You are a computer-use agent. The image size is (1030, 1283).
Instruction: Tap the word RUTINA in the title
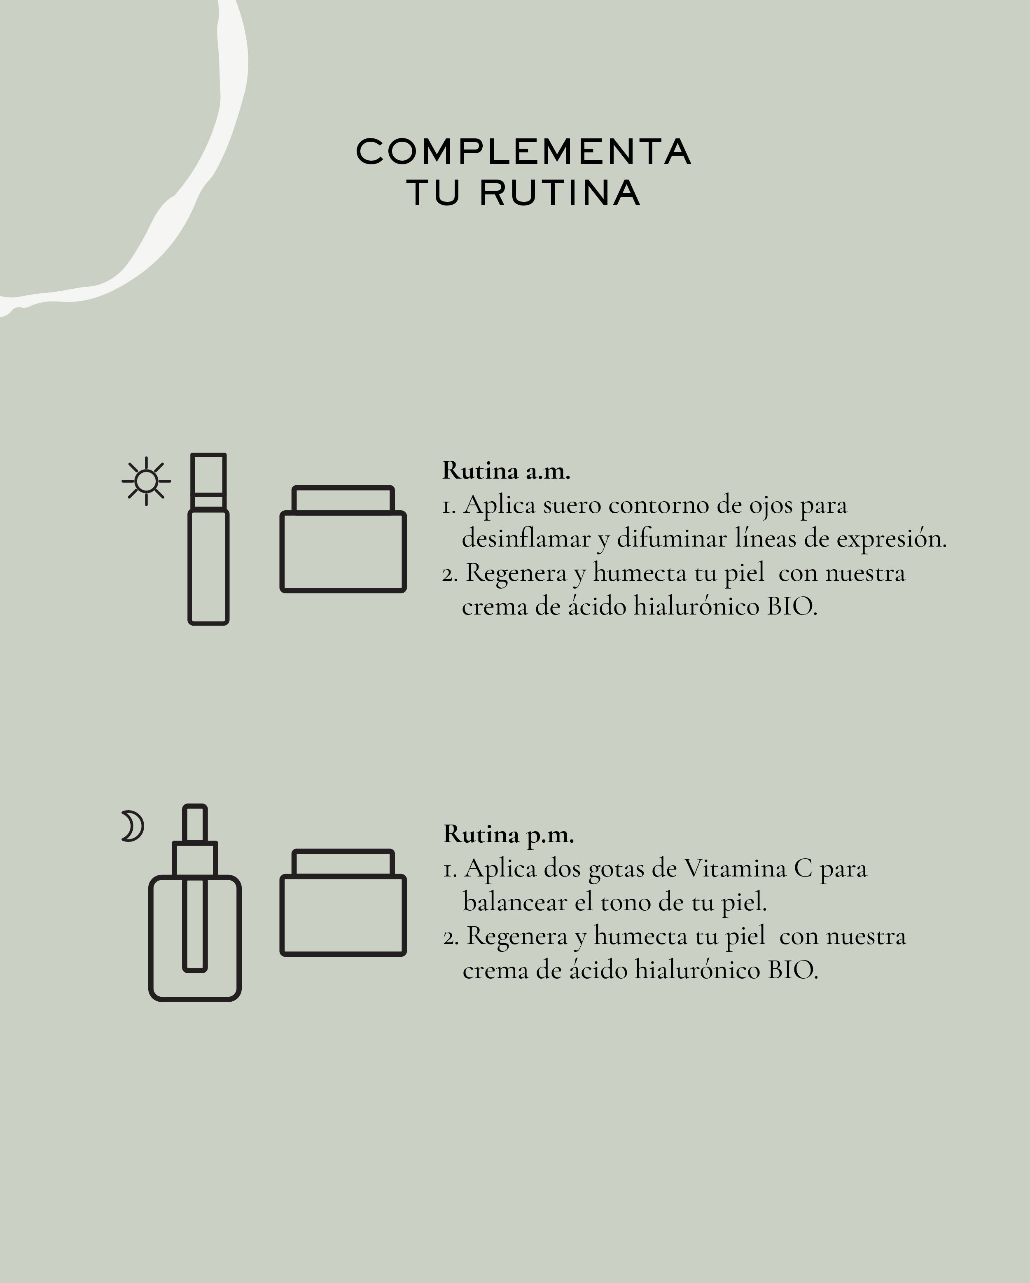point(560,193)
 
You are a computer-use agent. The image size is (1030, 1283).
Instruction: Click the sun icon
point(146,481)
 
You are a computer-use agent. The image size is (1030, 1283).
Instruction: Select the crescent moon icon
point(133,826)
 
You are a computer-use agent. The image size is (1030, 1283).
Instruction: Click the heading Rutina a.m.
point(506,471)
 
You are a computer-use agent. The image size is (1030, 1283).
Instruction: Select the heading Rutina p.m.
point(508,834)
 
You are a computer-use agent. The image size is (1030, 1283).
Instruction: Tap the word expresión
point(891,539)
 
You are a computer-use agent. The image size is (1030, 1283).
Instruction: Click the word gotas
point(617,870)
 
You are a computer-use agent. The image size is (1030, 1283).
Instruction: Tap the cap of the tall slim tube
point(208,481)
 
